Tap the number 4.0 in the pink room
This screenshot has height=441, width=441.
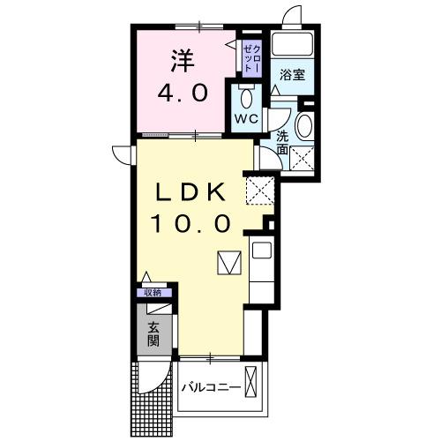[x=183, y=91]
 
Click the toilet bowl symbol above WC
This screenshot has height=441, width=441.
[x=244, y=95]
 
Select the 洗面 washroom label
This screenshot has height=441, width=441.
[x=282, y=144]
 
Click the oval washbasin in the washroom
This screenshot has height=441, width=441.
[x=304, y=126]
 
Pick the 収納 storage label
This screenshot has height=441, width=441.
[x=153, y=293]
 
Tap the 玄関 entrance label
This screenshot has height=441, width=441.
[x=153, y=336]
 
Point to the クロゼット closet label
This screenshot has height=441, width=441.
[x=251, y=55]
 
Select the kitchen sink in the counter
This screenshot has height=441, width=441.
[x=262, y=250]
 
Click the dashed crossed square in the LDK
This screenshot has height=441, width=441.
[x=259, y=187]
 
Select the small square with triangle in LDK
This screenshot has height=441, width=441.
[x=228, y=263]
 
